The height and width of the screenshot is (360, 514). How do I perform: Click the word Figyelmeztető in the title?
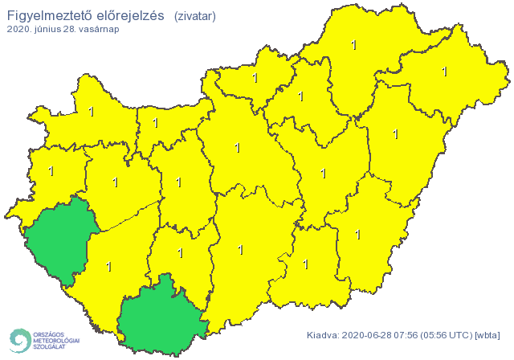52,15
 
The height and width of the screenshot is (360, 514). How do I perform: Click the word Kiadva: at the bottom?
324,335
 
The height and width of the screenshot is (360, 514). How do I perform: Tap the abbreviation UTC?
464,335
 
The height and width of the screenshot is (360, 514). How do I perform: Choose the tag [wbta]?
489,335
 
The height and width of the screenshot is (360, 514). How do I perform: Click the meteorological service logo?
43,340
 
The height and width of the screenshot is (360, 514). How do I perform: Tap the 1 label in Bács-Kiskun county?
240,250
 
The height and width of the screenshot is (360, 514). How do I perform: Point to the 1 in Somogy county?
108,265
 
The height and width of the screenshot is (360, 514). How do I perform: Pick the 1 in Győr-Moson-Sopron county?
91,112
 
